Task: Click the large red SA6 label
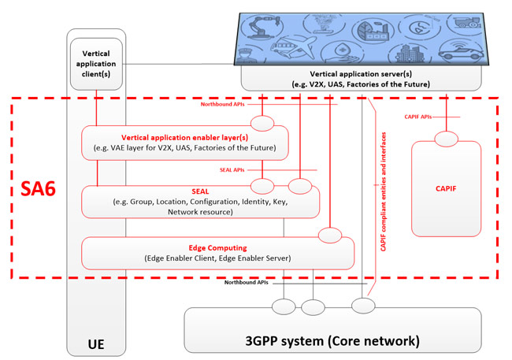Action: pos(38,188)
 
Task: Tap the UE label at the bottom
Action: pos(96,344)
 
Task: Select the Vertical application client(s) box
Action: pos(96,64)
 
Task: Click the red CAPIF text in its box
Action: pos(446,188)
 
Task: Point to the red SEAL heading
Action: pos(200,191)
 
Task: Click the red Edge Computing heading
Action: pos(217,248)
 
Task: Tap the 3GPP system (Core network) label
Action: pos(332,341)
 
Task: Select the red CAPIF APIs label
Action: pos(418,117)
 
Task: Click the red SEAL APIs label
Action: pos(232,170)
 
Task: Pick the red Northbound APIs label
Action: pos(222,104)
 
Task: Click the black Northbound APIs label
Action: pos(247,282)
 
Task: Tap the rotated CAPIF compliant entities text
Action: pos(384,191)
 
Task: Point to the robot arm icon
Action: pos(262,27)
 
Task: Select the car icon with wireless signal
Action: pos(461,50)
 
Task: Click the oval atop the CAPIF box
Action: pos(447,139)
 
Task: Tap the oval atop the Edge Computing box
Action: pos(330,236)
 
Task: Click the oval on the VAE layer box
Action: pos(262,124)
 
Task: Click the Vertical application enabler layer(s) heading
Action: pos(185,138)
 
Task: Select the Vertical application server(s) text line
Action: pos(361,74)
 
